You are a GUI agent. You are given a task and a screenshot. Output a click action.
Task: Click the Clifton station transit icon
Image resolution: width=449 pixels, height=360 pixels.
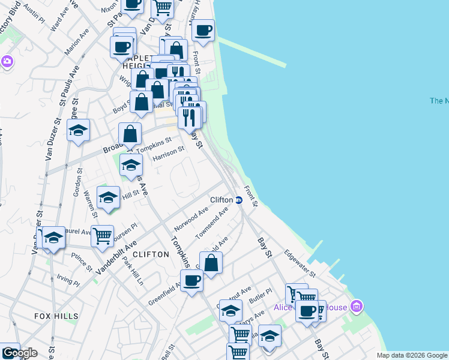(x=238, y=200)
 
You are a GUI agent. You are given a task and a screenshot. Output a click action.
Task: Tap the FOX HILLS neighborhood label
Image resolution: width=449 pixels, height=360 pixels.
(x=56, y=316)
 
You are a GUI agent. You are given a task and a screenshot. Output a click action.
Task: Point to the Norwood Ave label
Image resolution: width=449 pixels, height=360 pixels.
(x=191, y=220)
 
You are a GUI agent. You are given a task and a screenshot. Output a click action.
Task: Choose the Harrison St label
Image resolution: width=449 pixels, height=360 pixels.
(x=167, y=154)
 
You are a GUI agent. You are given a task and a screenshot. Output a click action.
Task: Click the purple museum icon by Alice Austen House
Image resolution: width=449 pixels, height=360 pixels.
(x=357, y=307)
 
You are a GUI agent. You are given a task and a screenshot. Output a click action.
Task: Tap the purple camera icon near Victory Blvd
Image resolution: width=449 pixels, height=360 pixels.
(x=7, y=61)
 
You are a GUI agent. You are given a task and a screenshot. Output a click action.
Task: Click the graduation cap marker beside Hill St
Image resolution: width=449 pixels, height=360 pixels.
(x=108, y=198)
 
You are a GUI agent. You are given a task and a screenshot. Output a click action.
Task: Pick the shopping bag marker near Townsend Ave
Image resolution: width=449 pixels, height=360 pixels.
(x=211, y=262)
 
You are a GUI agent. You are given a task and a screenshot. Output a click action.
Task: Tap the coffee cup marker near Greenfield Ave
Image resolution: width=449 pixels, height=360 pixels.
(x=192, y=281)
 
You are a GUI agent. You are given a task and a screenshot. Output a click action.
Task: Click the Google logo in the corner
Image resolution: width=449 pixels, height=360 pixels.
(x=19, y=353)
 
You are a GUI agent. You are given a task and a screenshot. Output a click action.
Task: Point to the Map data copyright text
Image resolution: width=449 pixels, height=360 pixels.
(x=412, y=355)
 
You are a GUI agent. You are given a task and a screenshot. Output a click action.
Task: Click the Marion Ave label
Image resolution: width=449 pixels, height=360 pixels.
(x=71, y=47)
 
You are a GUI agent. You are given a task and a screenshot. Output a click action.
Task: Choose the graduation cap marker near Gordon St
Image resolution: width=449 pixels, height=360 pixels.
(x=78, y=130)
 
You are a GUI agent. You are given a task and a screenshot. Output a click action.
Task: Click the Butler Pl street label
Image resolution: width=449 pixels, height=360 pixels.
(x=260, y=298)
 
